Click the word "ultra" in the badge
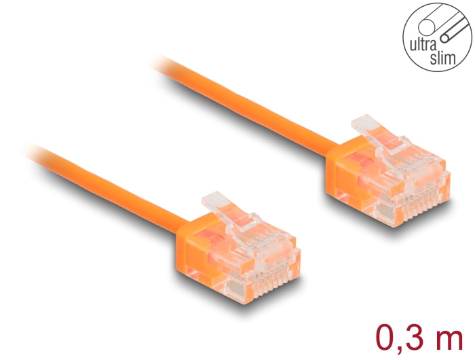point(421,46)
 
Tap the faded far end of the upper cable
point(163,64)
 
